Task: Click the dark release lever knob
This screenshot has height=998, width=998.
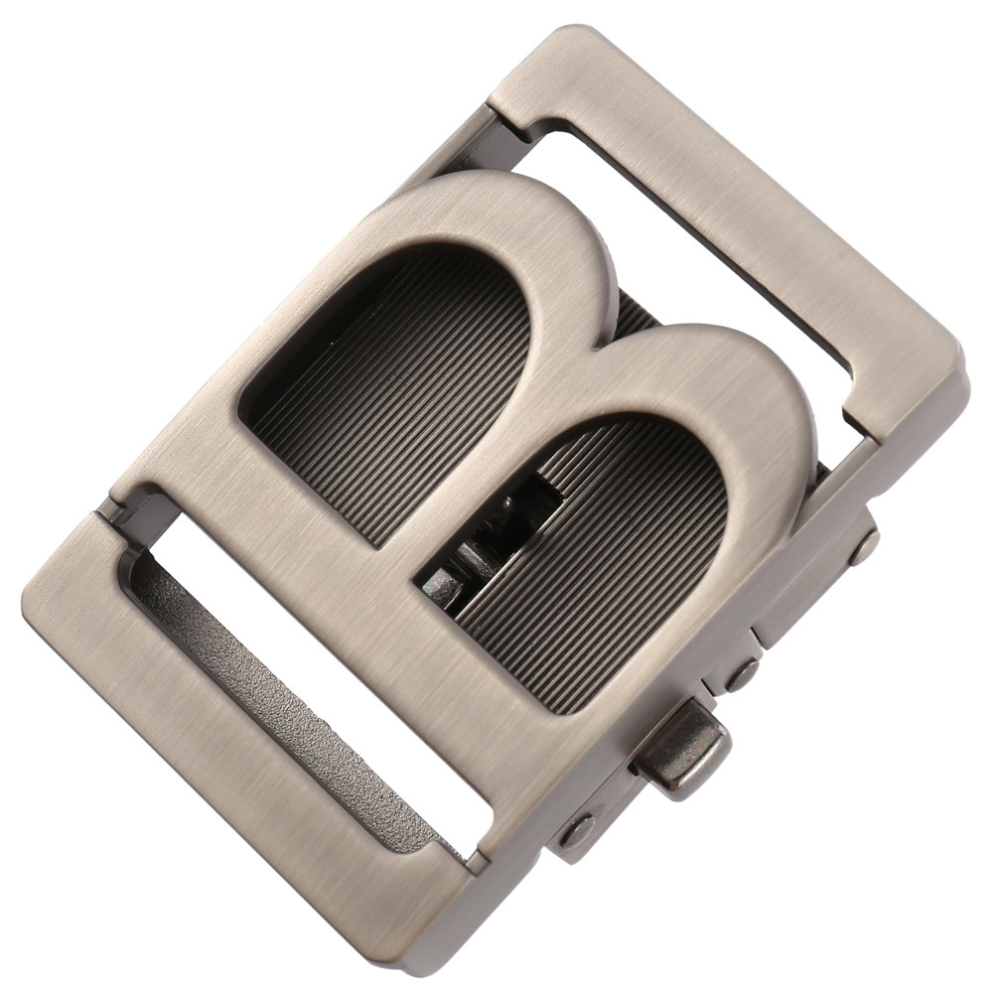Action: (x=687, y=751)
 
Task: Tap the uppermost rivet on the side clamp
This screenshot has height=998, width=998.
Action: (x=864, y=547)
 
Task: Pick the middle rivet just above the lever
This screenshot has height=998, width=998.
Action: (x=743, y=674)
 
